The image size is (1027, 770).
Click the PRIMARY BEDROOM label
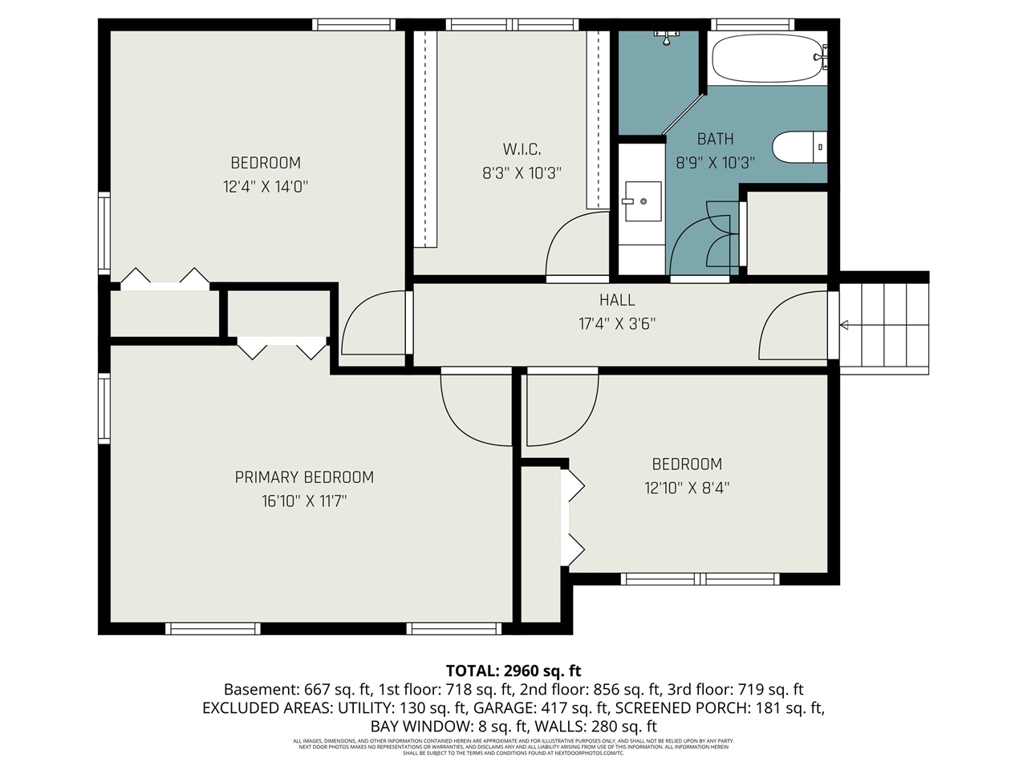[304, 477]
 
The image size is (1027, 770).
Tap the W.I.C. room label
[522, 149]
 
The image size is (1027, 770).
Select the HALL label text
[617, 300]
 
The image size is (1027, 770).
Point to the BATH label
[715, 139]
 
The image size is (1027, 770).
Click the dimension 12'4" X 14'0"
[266, 187]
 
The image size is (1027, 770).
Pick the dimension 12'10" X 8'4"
[687, 488]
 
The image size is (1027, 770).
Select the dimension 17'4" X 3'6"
[617, 324]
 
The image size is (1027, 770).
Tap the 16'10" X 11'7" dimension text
[304, 501]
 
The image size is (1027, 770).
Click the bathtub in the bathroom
[766, 59]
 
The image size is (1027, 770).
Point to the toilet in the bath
[799, 147]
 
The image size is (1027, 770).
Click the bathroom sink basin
[642, 201]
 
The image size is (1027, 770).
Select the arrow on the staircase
[845, 325]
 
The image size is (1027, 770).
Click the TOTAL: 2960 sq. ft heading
[513, 671]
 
